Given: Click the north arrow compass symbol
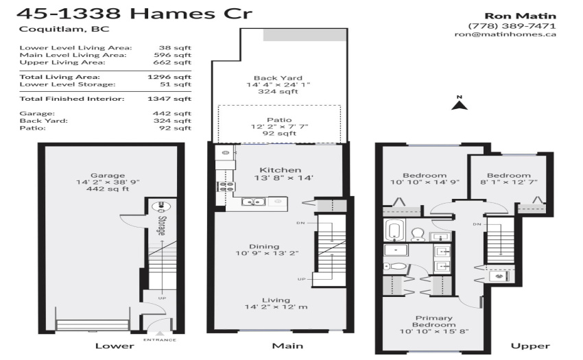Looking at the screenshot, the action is (x=460, y=103).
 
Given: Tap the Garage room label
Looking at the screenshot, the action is (x=108, y=176).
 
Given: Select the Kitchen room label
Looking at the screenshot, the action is (x=281, y=170).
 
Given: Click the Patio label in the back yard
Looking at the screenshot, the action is (x=279, y=120).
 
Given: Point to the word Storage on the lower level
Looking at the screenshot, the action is (x=162, y=226).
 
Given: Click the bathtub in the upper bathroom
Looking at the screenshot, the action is (x=394, y=230).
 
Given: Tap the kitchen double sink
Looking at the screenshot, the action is (x=253, y=202).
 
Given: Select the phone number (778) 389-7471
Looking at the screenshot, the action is (x=512, y=26).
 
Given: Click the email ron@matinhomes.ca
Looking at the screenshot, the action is (x=505, y=34).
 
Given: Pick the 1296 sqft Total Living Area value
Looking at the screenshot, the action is (x=169, y=77).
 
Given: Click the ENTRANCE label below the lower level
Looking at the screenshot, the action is (x=160, y=340).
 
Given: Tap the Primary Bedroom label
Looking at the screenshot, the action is (x=434, y=322).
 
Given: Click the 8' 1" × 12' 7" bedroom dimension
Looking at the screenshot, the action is (x=509, y=182).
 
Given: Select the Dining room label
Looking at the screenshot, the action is (x=264, y=247).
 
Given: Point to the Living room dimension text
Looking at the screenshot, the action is (x=276, y=307).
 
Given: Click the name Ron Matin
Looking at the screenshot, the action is (x=520, y=16).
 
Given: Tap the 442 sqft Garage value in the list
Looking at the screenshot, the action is (x=171, y=113).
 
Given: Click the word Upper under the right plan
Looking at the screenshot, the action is (x=530, y=346).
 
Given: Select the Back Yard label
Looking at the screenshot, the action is (x=278, y=78).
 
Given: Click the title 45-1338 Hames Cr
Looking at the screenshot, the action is (x=134, y=14).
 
